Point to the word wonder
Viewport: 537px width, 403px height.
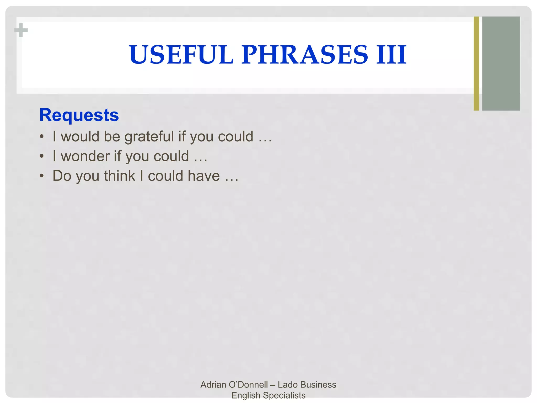coord(85,156)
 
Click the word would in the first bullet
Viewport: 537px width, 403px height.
coord(80,136)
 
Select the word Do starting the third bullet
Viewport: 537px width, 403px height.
coord(62,176)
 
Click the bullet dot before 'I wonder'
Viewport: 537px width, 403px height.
coord(42,156)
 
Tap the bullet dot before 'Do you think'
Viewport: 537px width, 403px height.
coord(42,176)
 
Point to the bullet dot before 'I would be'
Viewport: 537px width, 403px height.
coord(42,137)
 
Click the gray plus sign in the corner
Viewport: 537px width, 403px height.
coord(21,30)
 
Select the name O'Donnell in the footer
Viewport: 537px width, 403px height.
coord(248,385)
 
